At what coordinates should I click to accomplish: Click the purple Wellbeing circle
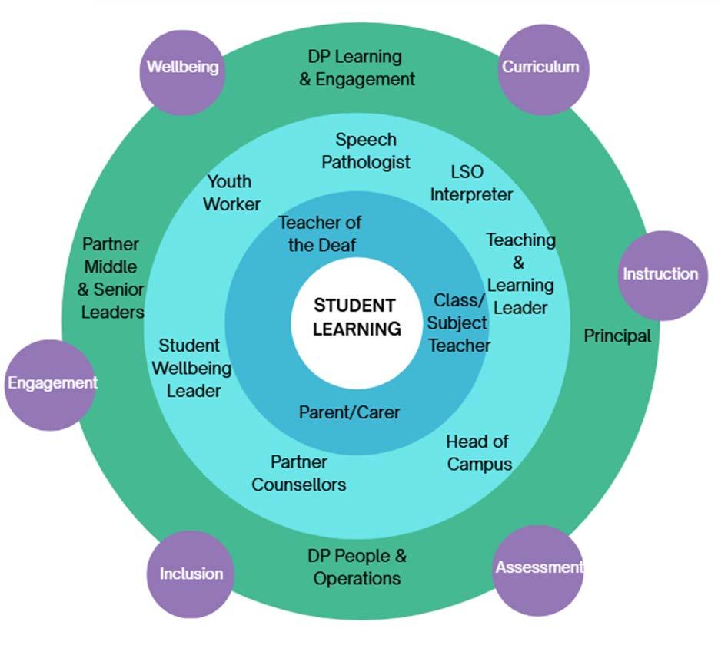(x=183, y=67)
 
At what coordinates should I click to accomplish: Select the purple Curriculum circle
(x=540, y=67)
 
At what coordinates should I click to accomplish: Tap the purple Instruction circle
(x=661, y=274)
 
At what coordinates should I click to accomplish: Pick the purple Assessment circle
(x=538, y=568)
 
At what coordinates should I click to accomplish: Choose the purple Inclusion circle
(x=191, y=574)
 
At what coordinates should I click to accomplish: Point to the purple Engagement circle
(x=52, y=383)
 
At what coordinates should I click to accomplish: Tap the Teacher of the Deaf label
(x=318, y=234)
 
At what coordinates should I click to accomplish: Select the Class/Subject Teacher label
(x=459, y=322)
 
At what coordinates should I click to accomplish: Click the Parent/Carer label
(x=350, y=412)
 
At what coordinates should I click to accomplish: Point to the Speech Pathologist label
(x=366, y=151)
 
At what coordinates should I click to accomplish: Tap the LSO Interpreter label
(x=470, y=183)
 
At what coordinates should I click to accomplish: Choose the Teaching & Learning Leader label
(x=520, y=273)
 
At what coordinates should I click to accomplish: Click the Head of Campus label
(x=479, y=453)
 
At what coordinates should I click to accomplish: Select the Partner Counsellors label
(x=299, y=474)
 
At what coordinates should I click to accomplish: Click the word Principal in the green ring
(x=617, y=336)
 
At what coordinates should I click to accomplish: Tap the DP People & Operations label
(x=357, y=567)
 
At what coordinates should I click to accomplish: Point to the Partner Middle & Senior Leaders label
(x=111, y=278)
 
